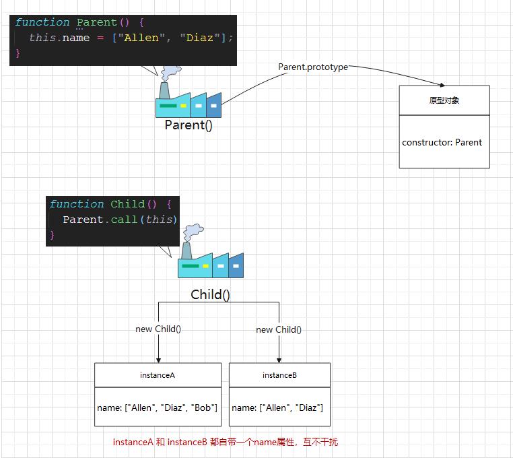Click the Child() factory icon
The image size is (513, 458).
pyautogui.click(x=210, y=263)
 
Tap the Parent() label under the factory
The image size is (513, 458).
pyautogui.click(x=189, y=125)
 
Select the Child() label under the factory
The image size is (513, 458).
pyautogui.click(x=210, y=294)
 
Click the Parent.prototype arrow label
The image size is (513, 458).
pyautogui.click(x=313, y=67)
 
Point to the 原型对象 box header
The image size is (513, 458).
pyautogui.click(x=444, y=100)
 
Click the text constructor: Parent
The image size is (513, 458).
pyautogui.click(x=442, y=142)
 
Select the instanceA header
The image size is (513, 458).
pyautogui.click(x=158, y=375)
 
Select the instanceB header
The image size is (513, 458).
pyautogui.click(x=279, y=375)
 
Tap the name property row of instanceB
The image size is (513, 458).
pyautogui.click(x=277, y=407)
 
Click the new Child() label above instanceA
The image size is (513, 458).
pyautogui.click(x=158, y=329)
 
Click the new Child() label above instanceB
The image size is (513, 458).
pyautogui.click(x=279, y=329)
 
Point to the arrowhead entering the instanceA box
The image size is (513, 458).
pyautogui.click(x=158, y=360)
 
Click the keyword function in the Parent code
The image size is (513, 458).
pyautogui.click(x=42, y=22)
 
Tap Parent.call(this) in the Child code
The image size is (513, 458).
pyautogui.click(x=120, y=220)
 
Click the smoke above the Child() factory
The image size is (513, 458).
pyautogui.click(x=193, y=233)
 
